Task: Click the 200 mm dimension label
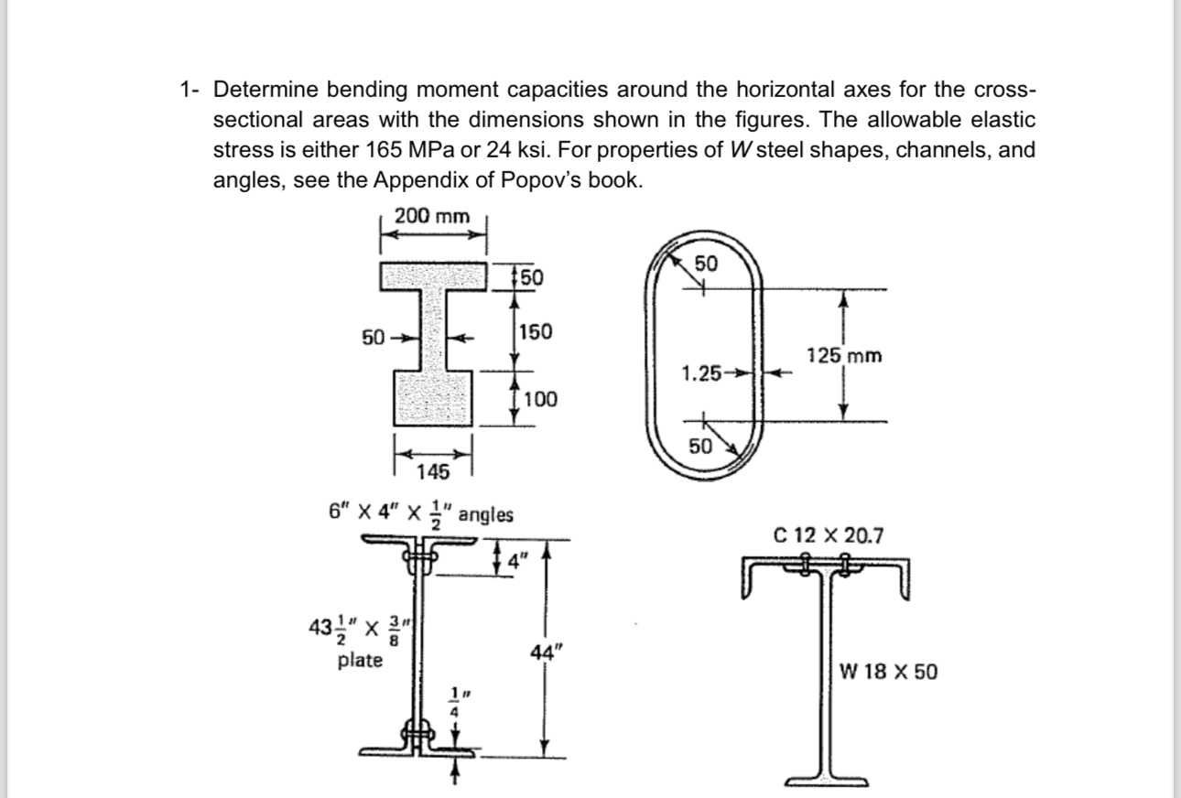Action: (431, 217)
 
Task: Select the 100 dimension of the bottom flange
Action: (540, 399)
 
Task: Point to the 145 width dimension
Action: (432, 472)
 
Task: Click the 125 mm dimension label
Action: (844, 355)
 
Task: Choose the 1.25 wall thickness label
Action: (701, 372)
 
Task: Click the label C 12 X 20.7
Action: (829, 535)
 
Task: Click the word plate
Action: (360, 660)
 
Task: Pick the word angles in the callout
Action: (485, 514)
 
